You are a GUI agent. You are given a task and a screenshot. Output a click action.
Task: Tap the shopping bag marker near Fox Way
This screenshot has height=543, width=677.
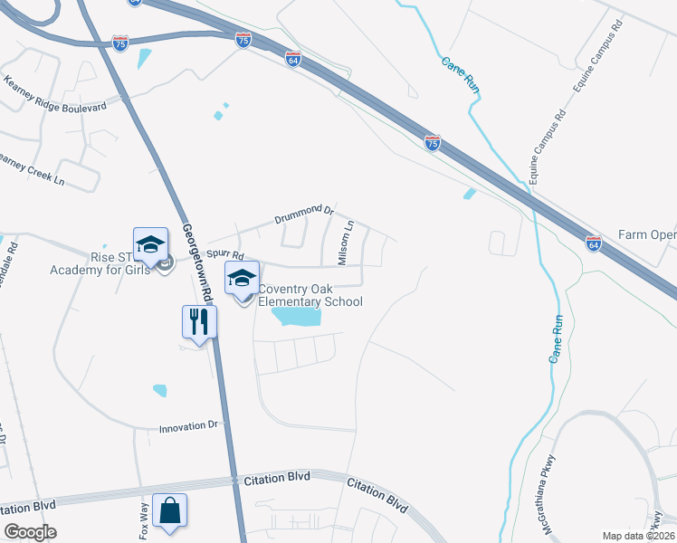[169, 510]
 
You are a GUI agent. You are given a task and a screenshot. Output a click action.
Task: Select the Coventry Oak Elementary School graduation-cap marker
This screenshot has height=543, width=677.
[242, 277]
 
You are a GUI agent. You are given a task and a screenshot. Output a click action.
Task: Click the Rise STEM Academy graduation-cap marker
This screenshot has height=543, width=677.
[150, 243]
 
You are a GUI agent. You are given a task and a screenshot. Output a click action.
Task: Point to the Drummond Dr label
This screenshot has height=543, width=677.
[305, 215]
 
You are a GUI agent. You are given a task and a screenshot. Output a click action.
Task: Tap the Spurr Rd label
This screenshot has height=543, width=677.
[225, 256]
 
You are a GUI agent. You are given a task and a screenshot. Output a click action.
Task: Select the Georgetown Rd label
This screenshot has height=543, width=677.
[195, 262]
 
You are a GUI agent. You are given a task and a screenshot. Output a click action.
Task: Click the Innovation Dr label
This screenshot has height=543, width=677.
[189, 425]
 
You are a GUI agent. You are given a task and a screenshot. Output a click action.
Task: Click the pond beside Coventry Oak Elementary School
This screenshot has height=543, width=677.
[297, 317]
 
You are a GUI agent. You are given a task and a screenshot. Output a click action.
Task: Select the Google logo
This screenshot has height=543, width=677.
[30, 532]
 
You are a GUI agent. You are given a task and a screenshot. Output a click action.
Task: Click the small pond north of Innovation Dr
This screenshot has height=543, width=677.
[160, 390]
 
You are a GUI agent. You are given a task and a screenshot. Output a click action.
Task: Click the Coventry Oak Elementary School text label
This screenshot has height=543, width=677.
[310, 296]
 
